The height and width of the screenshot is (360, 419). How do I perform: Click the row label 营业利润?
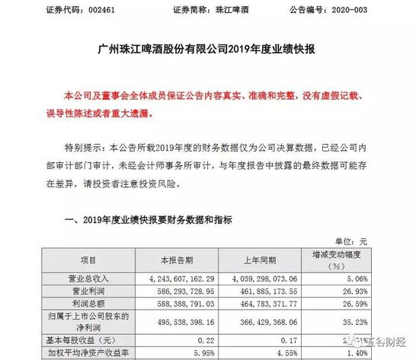[x=88, y=290]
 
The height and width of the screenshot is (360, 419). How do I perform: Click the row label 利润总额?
[x=88, y=304]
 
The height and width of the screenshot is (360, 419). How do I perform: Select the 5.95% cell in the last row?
[x=206, y=353]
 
